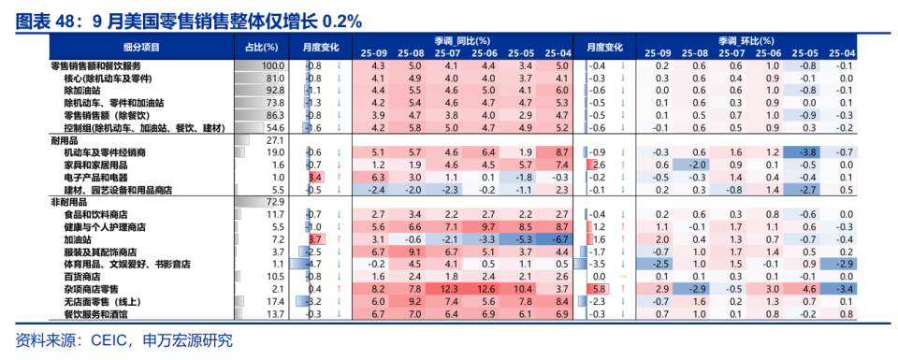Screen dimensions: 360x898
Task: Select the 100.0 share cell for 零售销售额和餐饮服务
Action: point(271,65)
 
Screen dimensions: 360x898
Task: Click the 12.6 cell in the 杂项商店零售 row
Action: point(487,290)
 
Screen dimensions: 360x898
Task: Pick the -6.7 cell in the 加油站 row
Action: point(560,239)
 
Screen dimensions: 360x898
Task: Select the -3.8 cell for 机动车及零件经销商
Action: point(809,151)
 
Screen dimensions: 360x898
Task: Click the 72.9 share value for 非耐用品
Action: point(274,201)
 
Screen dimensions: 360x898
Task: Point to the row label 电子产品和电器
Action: point(94,176)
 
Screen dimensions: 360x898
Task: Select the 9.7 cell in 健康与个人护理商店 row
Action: point(487,226)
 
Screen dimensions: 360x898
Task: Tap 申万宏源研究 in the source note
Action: point(184,340)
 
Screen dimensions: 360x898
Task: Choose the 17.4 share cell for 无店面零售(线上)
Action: point(274,302)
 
